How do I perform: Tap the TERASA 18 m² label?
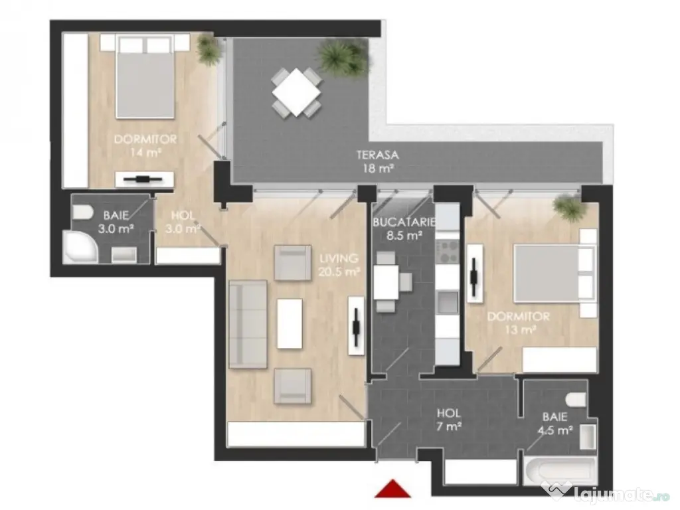click(x=377, y=161)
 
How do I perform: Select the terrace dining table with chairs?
click(x=296, y=92)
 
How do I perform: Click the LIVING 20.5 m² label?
click(x=339, y=264)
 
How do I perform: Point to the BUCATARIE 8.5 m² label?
click(x=403, y=228)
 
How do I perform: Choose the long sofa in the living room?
click(x=247, y=323)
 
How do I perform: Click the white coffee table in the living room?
click(x=289, y=323)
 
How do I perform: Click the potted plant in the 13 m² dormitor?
click(x=568, y=207)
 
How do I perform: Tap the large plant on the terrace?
click(x=343, y=57)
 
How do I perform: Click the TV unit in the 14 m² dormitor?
click(x=144, y=179)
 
